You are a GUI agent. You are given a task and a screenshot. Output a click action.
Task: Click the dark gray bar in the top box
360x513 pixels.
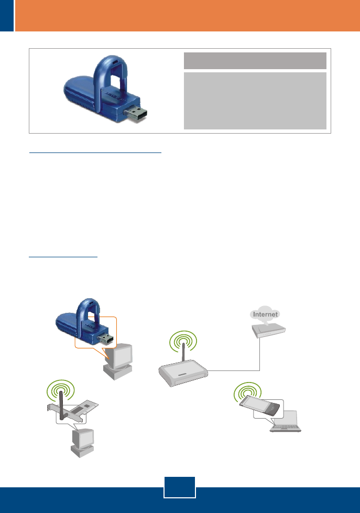(255, 61)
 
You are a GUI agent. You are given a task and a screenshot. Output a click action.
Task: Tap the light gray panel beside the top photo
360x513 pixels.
(255, 100)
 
